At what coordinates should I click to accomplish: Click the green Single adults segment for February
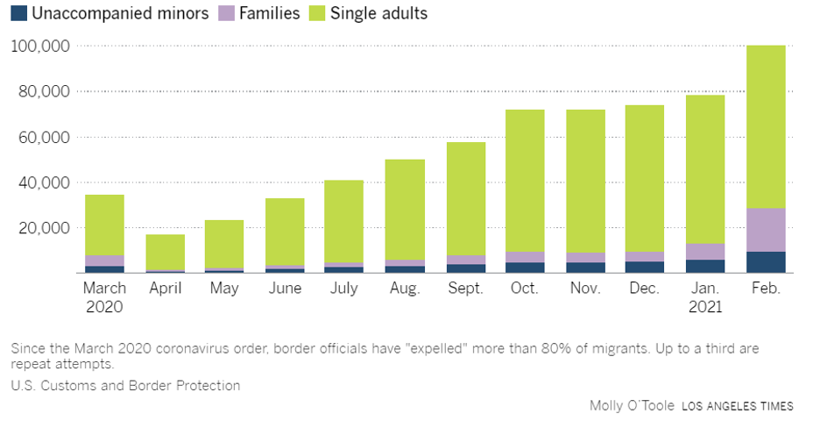pyautogui.click(x=765, y=127)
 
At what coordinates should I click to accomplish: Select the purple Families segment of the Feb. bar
pyautogui.click(x=765, y=230)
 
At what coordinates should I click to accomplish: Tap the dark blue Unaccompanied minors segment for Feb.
pyautogui.click(x=765, y=262)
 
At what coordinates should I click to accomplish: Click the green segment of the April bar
pyautogui.click(x=165, y=252)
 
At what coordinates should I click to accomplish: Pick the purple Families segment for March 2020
pyautogui.click(x=104, y=260)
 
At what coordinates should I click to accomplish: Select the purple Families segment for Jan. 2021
pyautogui.click(x=704, y=251)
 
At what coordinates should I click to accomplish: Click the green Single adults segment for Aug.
pyautogui.click(x=405, y=210)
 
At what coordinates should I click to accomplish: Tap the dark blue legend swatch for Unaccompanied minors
pyautogui.click(x=18, y=13)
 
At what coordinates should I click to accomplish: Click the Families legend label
pyautogui.click(x=272, y=13)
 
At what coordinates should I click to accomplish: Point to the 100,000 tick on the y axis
pyautogui.click(x=40, y=46)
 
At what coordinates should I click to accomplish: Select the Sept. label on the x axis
pyautogui.click(x=464, y=288)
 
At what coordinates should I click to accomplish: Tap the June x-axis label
pyautogui.click(x=285, y=288)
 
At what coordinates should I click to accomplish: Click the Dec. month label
pyautogui.click(x=644, y=288)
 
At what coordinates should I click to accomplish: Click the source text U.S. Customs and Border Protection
pyautogui.click(x=125, y=385)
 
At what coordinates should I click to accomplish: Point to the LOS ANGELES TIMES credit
pyautogui.click(x=738, y=406)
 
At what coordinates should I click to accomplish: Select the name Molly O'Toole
pyautogui.click(x=631, y=405)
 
